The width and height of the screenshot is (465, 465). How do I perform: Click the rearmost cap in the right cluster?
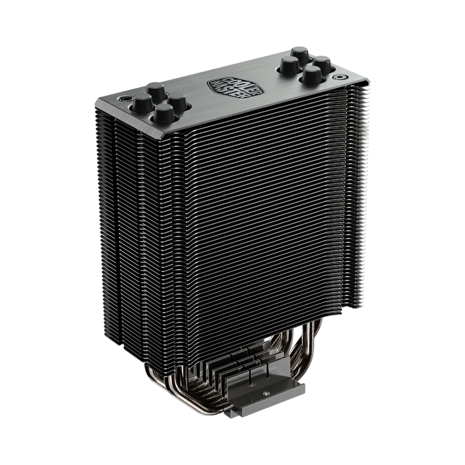300,54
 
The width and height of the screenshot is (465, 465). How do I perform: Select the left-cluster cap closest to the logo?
177,101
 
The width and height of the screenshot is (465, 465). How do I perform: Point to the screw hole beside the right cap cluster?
340,76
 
